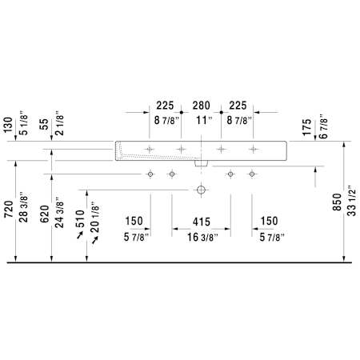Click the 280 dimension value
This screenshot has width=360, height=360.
[x=202, y=106]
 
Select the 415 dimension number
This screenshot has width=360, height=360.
[x=202, y=222]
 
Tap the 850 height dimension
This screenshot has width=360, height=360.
[x=337, y=202]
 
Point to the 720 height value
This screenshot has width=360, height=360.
[x=9, y=209]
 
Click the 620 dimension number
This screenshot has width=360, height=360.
[x=45, y=214]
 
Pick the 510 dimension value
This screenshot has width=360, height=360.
[x=80, y=218]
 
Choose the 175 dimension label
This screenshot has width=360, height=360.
[x=306, y=127]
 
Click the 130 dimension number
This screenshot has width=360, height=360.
[x=9, y=125]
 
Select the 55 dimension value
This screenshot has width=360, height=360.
[x=44, y=124]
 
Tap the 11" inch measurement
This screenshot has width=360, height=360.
[x=204, y=120]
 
